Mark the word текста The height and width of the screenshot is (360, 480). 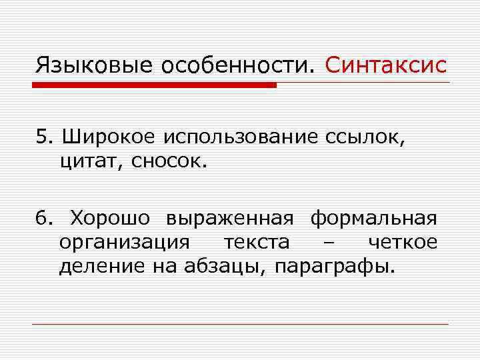coord(257,242)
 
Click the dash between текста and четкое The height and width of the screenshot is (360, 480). coord(327,243)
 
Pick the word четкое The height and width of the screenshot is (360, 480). coord(403,242)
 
